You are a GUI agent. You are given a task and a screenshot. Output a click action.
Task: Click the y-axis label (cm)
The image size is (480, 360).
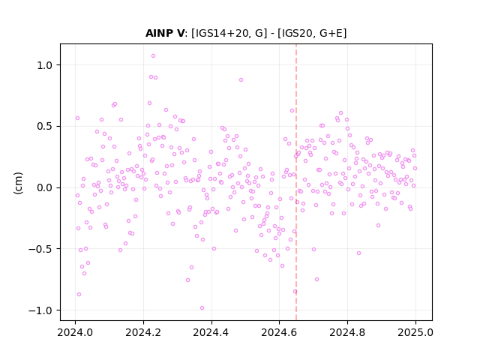(18, 183)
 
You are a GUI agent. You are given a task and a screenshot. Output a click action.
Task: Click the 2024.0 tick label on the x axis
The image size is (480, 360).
(75, 332)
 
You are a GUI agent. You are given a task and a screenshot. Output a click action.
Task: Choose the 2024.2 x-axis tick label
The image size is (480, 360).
(143, 332)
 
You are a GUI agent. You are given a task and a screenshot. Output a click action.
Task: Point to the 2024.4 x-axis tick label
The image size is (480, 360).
(211, 332)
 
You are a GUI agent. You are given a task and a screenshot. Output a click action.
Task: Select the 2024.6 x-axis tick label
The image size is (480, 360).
(279, 332)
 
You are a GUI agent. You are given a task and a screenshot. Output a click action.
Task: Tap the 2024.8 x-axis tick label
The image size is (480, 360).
(347, 332)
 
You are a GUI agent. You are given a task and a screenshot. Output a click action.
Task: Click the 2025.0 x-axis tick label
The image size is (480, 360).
(415, 332)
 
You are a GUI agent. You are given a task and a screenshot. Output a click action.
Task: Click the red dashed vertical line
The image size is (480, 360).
(296, 182)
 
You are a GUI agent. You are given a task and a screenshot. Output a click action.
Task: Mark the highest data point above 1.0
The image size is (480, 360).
(153, 55)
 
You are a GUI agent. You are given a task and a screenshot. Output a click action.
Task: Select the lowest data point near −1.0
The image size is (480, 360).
(202, 308)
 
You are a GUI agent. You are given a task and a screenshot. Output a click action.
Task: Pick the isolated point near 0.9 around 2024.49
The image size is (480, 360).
(241, 80)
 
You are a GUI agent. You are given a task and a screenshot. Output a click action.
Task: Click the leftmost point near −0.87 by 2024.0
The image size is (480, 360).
(79, 295)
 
